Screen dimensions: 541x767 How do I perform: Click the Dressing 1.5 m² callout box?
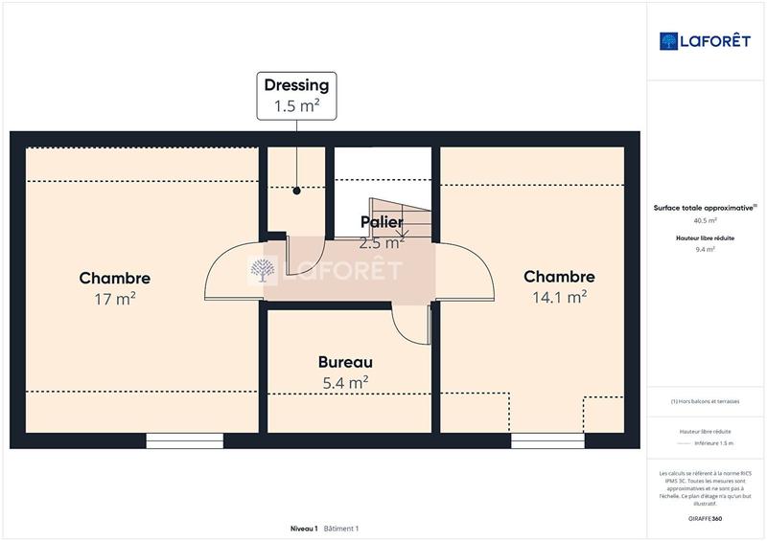pos(296,96)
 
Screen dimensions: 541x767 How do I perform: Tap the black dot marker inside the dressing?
pos(297,191)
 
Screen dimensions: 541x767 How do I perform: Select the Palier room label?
pos(381,222)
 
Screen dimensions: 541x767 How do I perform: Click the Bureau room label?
pos(345,363)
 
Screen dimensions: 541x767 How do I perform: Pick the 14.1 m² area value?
pos(559,297)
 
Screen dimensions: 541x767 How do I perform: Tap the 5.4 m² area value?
pos(345,383)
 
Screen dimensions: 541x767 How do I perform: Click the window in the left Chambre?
pos(184,440)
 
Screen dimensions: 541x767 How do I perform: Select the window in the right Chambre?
pos(547,440)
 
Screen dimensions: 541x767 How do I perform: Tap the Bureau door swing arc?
pos(410,326)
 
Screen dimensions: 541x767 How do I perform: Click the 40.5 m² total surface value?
pos(706,220)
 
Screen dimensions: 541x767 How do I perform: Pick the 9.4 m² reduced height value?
pos(706,249)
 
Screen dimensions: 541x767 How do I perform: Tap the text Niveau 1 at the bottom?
pos(304,529)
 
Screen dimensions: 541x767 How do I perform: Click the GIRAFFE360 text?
pos(706,517)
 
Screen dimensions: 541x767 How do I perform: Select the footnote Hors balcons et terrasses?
pos(706,401)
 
